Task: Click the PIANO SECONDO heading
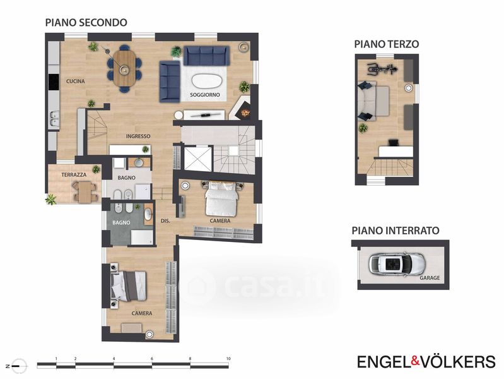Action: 86,23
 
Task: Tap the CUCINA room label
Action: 76,81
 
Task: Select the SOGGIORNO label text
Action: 205,95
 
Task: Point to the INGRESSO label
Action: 138,136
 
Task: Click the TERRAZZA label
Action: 74,174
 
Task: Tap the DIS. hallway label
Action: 165,221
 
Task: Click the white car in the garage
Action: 397,264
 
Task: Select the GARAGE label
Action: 430,277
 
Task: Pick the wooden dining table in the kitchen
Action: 124,68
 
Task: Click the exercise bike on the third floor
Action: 382,68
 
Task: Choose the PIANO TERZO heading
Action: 387,44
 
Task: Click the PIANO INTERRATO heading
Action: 396,231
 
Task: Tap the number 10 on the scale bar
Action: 228,359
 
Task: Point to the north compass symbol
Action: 18,366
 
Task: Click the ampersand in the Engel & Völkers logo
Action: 415,361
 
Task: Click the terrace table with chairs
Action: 85,191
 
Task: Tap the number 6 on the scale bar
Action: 152,359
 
